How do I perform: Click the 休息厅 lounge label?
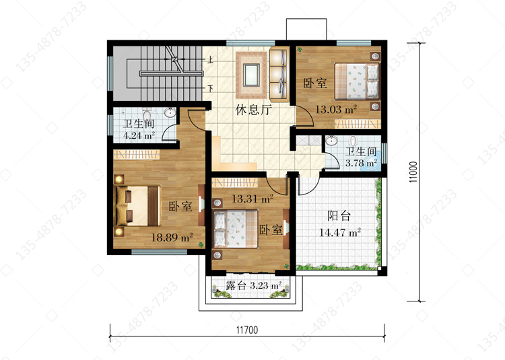click(253, 110)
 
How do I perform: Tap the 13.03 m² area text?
click(336, 110)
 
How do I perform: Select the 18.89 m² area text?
click(172, 238)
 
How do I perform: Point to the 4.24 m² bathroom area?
click(139, 135)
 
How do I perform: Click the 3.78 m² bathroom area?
click(361, 163)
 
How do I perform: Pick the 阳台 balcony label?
click(339, 216)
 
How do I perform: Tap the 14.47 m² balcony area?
click(340, 232)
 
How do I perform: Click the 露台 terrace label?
click(236, 285)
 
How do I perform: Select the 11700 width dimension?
click(247, 330)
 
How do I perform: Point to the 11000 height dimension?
click(413, 172)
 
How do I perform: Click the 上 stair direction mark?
click(210, 60)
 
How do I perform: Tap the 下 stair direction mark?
click(210, 88)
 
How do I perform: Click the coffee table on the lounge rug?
click(251, 75)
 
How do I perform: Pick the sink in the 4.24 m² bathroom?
click(170, 113)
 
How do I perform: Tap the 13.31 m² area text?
click(252, 199)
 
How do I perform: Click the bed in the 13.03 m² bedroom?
click(357, 81)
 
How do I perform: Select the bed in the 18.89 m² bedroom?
click(138, 206)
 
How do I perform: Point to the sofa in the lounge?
click(279, 74)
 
